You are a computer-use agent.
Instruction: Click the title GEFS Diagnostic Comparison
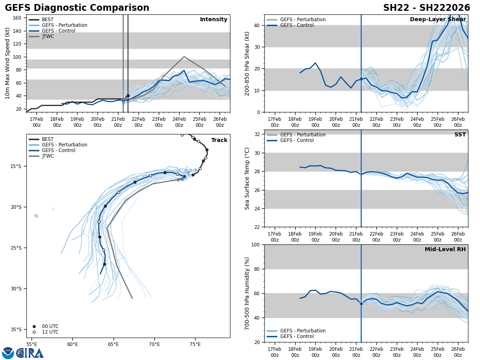77,8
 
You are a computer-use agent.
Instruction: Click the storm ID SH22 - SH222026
426,8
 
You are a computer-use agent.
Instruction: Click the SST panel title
460,135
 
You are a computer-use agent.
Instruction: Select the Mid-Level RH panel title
445,250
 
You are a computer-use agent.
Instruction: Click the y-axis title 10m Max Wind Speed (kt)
8,63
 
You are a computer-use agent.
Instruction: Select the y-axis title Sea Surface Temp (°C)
247,178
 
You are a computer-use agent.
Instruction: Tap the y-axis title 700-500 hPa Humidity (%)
247,293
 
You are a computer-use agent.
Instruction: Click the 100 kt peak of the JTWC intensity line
184,57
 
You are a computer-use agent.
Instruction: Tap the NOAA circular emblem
8,353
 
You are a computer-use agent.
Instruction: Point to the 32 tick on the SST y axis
258,134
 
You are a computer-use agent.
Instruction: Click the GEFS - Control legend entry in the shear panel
297,25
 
